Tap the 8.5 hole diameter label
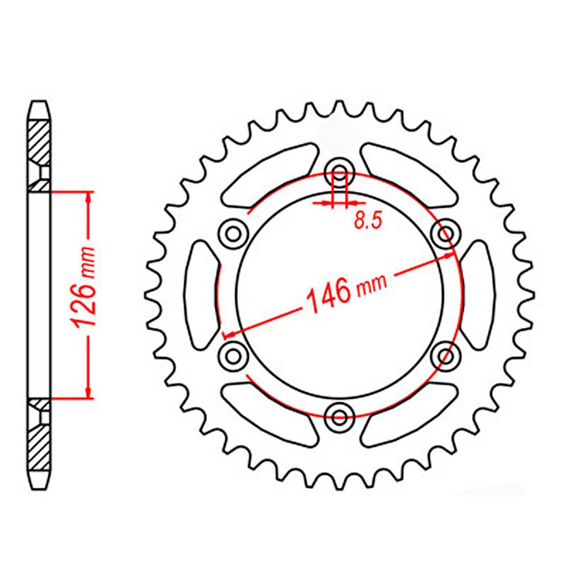pyautogui.click(x=368, y=221)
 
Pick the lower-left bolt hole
pyautogui.click(x=232, y=354)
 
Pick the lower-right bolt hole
pyautogui.click(x=446, y=354)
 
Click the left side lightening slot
pyautogui.click(x=202, y=294)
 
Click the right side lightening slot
pyautogui.click(x=478, y=294)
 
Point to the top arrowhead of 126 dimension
pyautogui.click(x=88, y=197)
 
